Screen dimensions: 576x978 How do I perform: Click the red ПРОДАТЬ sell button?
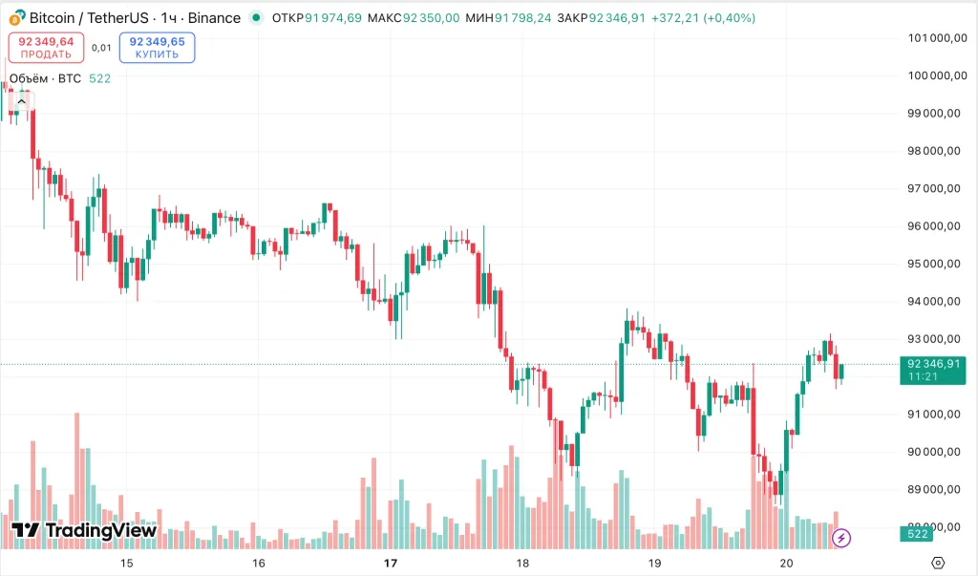coord(46,48)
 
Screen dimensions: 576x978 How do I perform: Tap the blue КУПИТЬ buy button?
coord(157,48)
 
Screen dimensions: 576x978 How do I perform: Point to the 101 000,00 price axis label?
coord(933,38)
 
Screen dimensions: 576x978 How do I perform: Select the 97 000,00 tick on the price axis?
coord(933,188)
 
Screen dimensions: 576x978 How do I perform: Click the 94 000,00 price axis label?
coord(933,301)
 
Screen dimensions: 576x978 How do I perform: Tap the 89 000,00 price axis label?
coord(933,489)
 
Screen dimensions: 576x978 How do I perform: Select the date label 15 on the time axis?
coord(127,564)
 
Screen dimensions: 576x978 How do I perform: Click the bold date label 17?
coord(390,564)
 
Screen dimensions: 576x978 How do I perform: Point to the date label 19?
coord(654,564)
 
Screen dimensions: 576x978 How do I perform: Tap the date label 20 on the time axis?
coord(786,564)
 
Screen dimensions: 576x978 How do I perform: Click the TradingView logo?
coord(84,531)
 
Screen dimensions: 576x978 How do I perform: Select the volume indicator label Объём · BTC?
coord(45,78)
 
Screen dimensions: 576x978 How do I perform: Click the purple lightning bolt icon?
coord(841,538)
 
